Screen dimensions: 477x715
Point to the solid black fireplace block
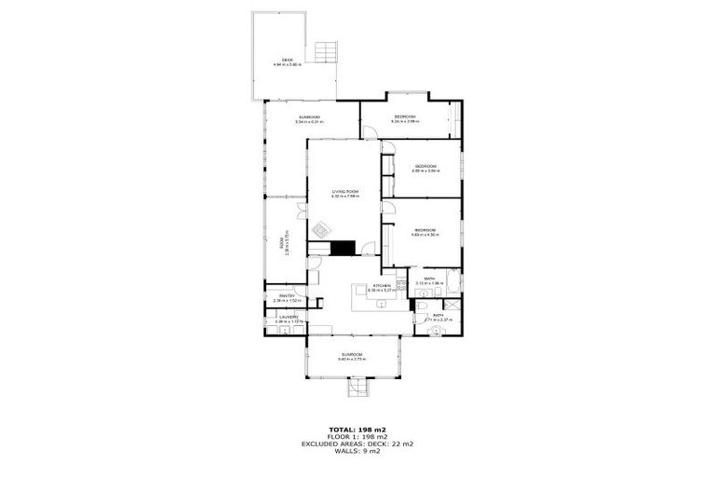[344, 247]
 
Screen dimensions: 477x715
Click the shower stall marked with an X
[452, 303]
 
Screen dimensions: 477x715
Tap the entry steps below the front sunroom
[357, 386]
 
